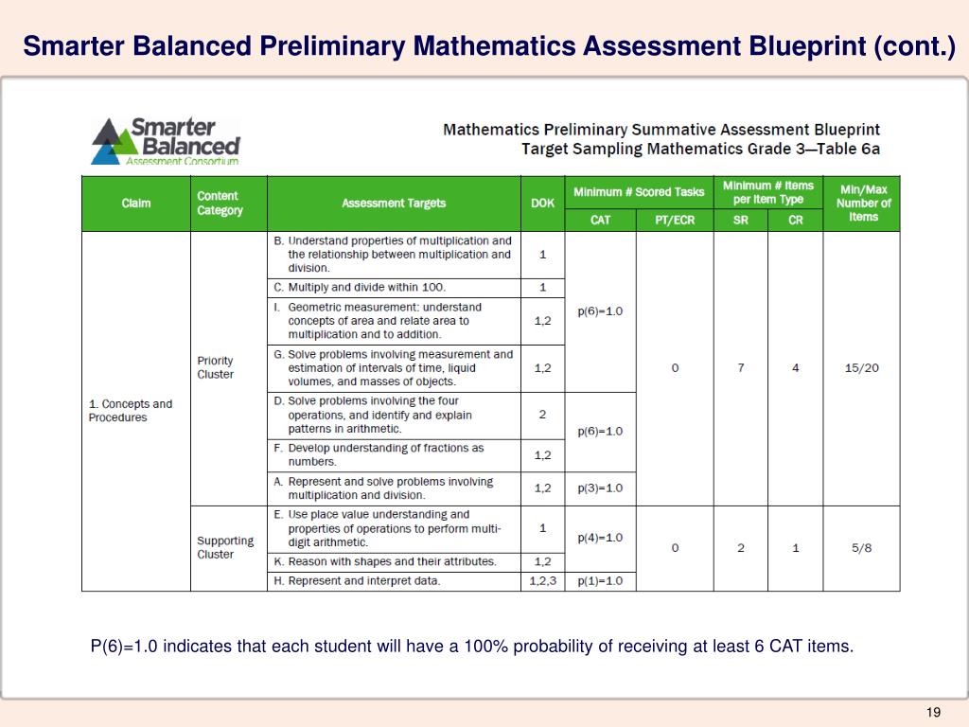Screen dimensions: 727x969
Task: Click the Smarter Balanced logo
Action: [165, 141]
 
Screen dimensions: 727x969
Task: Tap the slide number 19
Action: [933, 712]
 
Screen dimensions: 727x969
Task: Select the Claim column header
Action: [136, 204]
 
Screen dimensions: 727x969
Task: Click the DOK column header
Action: [542, 204]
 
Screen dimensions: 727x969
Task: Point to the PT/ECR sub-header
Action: [675, 220]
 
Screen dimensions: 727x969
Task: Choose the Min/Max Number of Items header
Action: [862, 204]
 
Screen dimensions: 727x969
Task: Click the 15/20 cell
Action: [861, 367]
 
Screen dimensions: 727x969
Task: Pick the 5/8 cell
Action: [861, 548]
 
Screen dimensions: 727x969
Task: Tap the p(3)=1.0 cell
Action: [600, 488]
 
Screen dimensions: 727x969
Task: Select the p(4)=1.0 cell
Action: [600, 538]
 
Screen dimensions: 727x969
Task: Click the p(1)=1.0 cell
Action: [600, 581]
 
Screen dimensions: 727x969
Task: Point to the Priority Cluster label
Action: [215, 367]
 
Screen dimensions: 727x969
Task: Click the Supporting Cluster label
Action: [225, 548]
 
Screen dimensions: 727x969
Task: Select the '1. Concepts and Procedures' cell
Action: [131, 411]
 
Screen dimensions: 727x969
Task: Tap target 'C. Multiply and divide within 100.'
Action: [367, 287]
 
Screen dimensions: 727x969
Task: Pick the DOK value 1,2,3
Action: [542, 581]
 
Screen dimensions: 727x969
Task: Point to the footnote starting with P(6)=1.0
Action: [471, 647]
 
